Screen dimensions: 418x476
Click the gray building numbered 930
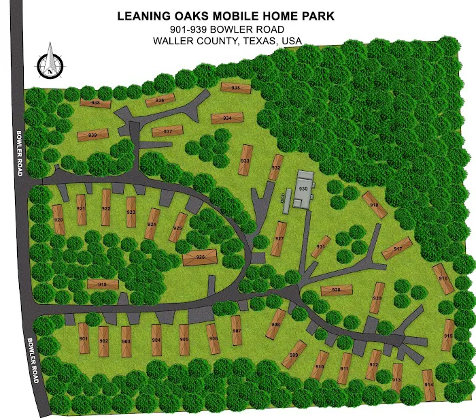coord(303,189)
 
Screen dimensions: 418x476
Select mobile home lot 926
coord(200,257)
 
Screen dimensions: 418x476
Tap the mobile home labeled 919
coord(103,284)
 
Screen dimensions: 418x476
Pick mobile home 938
coord(96,103)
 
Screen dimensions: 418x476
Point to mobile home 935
coord(235,88)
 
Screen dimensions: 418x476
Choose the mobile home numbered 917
coord(397,248)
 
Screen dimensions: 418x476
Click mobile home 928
coord(337,290)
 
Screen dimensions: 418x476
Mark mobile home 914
coord(428,385)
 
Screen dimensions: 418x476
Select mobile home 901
coord(84,338)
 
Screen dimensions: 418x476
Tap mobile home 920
coord(59,220)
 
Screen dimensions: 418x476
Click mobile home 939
coord(92,135)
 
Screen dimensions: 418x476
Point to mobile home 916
coord(443,278)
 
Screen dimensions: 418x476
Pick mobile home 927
coord(279,238)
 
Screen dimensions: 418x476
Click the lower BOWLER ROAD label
coord(31,360)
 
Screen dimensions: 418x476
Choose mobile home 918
coord(374,204)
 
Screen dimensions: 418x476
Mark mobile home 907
coord(237,331)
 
